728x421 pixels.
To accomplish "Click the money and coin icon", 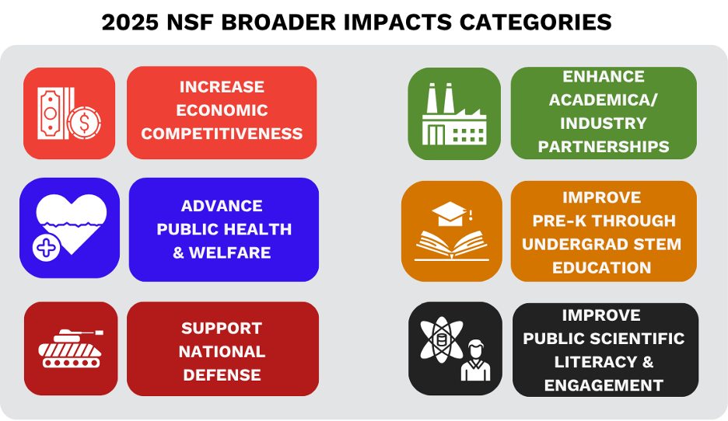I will pyautogui.click(x=68, y=113).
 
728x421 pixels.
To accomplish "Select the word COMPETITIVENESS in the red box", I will pyautogui.click(x=222, y=134).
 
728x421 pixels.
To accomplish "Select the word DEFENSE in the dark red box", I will pyautogui.click(x=222, y=375).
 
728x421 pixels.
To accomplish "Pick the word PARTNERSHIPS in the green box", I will pyautogui.click(x=604, y=146).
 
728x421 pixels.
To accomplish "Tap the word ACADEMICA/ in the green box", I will pyautogui.click(x=604, y=99).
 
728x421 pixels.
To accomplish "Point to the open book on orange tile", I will pyautogui.click(x=451, y=245).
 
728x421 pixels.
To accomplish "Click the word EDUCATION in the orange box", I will pyautogui.click(x=602, y=267).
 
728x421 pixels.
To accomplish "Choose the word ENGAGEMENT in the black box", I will pyautogui.click(x=604, y=385).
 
